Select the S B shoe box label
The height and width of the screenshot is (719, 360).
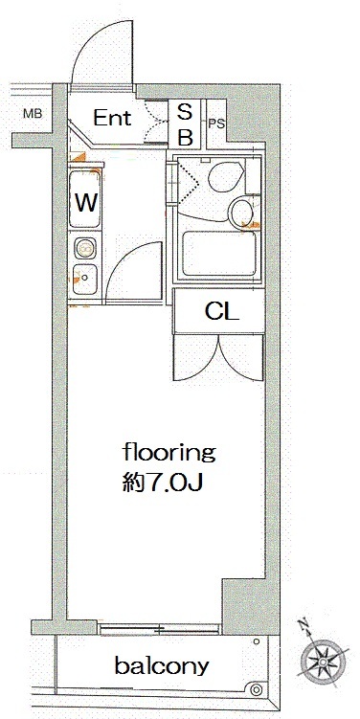click(x=185, y=124)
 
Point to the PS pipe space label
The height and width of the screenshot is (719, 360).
click(x=217, y=124)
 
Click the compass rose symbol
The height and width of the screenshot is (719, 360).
click(x=326, y=660)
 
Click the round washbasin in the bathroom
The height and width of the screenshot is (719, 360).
click(x=241, y=211)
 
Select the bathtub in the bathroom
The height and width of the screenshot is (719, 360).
click(x=219, y=254)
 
